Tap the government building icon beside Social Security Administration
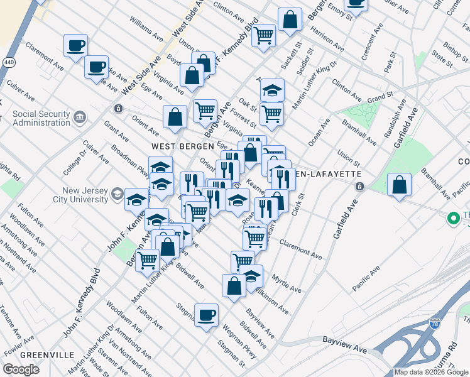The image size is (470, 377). click(80, 117)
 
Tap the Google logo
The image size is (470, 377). click(21, 369)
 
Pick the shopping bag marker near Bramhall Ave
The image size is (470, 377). click(399, 185)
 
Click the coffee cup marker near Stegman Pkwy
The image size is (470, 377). click(205, 315)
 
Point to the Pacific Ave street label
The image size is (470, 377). click(366, 278)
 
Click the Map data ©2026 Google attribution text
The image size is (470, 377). click(431, 372)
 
